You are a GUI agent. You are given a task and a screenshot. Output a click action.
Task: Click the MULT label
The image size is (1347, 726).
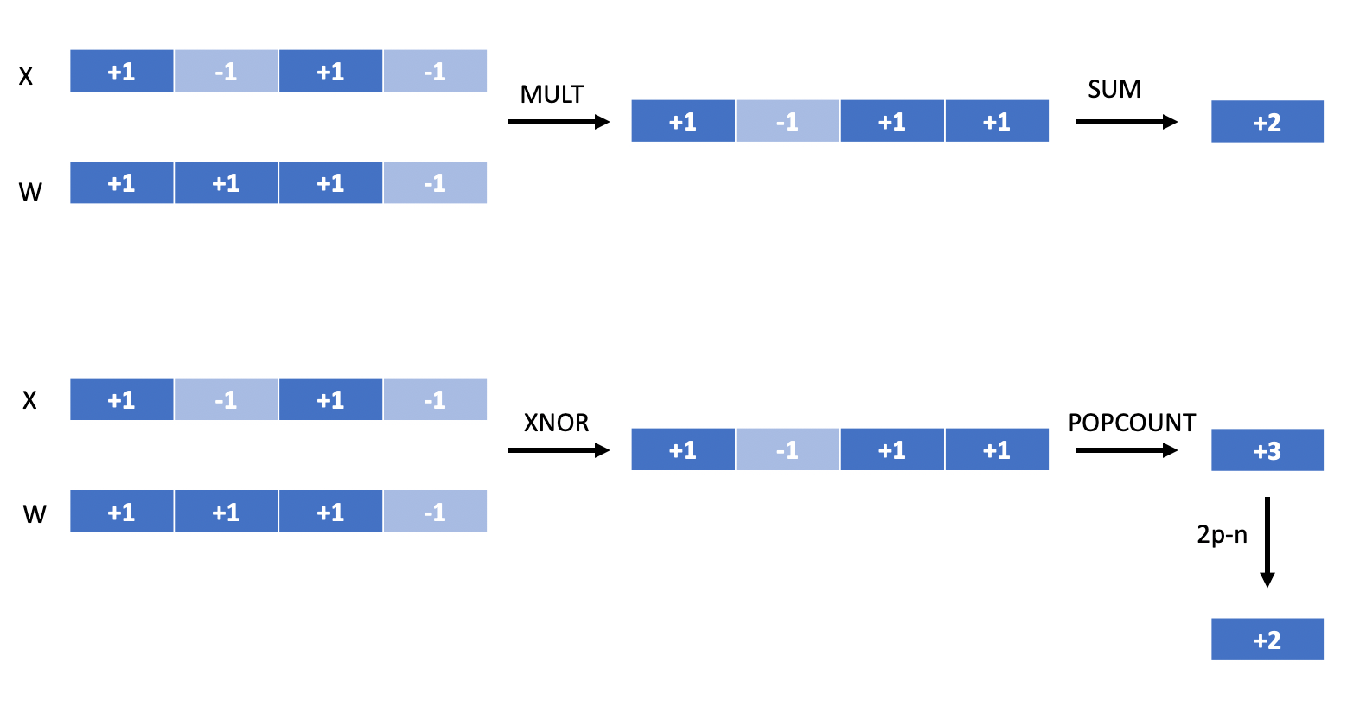(x=552, y=94)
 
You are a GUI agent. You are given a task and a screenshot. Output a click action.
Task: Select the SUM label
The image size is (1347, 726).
(x=1114, y=89)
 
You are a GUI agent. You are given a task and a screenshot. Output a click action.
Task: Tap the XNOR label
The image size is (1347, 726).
(x=556, y=423)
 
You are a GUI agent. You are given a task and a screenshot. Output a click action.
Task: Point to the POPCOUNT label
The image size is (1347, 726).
(x=1132, y=423)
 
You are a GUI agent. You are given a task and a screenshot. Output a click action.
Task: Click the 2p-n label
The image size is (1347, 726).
(x=1222, y=534)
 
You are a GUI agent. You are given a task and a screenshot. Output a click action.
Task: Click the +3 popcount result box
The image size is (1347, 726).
(x=1267, y=449)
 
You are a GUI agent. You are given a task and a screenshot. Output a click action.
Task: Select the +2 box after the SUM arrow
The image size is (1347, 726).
(x=1267, y=121)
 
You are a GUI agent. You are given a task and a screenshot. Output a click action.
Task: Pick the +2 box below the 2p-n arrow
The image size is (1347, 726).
(x=1267, y=639)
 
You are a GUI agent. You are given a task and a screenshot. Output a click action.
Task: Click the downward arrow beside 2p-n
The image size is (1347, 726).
(x=1267, y=542)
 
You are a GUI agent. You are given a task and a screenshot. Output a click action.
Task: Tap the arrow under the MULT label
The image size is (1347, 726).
(x=559, y=122)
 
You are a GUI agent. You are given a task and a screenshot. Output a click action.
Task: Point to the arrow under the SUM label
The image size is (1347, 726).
(x=1127, y=122)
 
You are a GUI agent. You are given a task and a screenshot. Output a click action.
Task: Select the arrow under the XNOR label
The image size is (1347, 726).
(x=559, y=450)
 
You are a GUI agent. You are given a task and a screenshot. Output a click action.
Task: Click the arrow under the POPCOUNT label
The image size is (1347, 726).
(x=1127, y=450)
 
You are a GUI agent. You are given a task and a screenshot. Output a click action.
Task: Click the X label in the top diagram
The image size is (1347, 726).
(x=25, y=76)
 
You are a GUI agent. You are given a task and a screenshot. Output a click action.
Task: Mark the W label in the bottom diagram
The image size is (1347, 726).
(x=35, y=514)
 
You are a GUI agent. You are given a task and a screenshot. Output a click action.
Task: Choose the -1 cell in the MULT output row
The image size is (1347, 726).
(x=787, y=121)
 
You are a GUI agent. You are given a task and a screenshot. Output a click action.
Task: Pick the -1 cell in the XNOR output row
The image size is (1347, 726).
(x=787, y=449)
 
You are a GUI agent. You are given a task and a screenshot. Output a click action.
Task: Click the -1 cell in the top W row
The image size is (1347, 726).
(x=435, y=182)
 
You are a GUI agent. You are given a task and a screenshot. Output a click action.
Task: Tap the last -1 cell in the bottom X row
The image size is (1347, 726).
(x=435, y=398)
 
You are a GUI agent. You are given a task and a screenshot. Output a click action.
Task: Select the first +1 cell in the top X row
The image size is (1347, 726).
(x=121, y=70)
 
